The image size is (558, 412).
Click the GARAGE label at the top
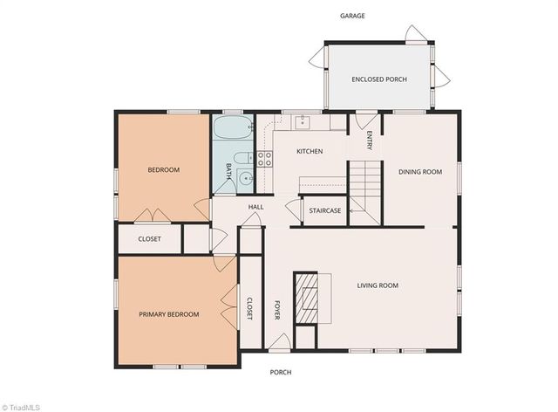tap(352, 16)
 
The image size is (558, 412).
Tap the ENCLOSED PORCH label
tap(379, 79)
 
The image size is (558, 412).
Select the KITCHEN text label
tap(310, 152)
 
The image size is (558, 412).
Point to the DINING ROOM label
tap(421, 172)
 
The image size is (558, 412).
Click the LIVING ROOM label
tap(378, 285)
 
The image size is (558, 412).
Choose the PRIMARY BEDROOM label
tap(169, 314)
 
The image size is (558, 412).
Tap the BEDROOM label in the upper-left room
tap(163, 170)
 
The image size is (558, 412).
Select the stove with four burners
tap(264, 159)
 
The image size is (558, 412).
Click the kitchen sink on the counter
tap(302, 121)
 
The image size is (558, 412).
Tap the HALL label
tap(255, 207)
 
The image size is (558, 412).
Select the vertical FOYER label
tap(278, 311)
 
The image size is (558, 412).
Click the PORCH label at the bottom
tap(281, 373)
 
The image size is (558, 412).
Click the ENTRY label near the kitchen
tap(369, 141)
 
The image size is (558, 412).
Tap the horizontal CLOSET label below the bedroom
tap(150, 239)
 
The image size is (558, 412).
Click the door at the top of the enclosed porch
tap(416, 35)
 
